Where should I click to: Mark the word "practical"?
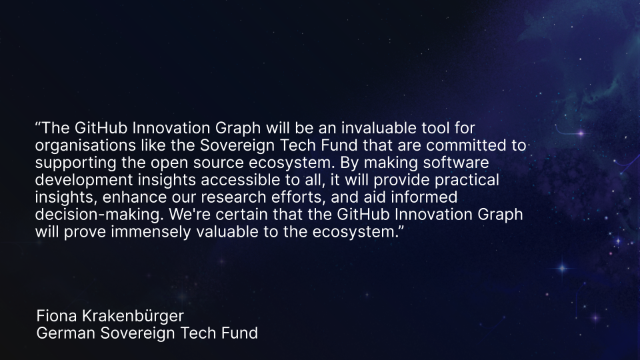[x=466, y=179]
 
